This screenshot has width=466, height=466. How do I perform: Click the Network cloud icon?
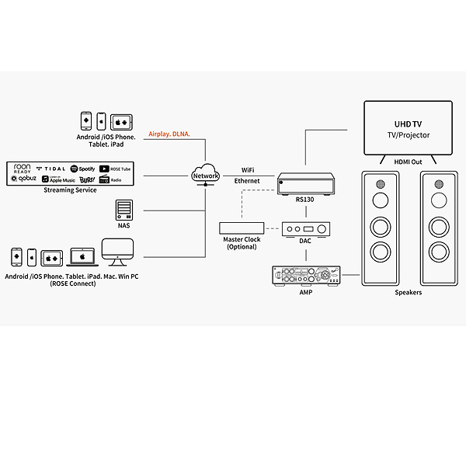tap(206, 173)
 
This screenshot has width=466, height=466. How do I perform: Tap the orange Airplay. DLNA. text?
tap(169, 134)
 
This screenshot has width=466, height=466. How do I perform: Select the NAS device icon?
tap(123, 210)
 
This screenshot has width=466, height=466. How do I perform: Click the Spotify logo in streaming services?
tap(82, 168)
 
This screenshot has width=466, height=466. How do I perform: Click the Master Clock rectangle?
tap(242, 228)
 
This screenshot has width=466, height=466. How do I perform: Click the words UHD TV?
tap(408, 123)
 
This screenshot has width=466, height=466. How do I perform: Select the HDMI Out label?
tap(409, 162)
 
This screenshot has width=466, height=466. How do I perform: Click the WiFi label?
tap(248, 169)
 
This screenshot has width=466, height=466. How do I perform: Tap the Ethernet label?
tap(248, 180)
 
